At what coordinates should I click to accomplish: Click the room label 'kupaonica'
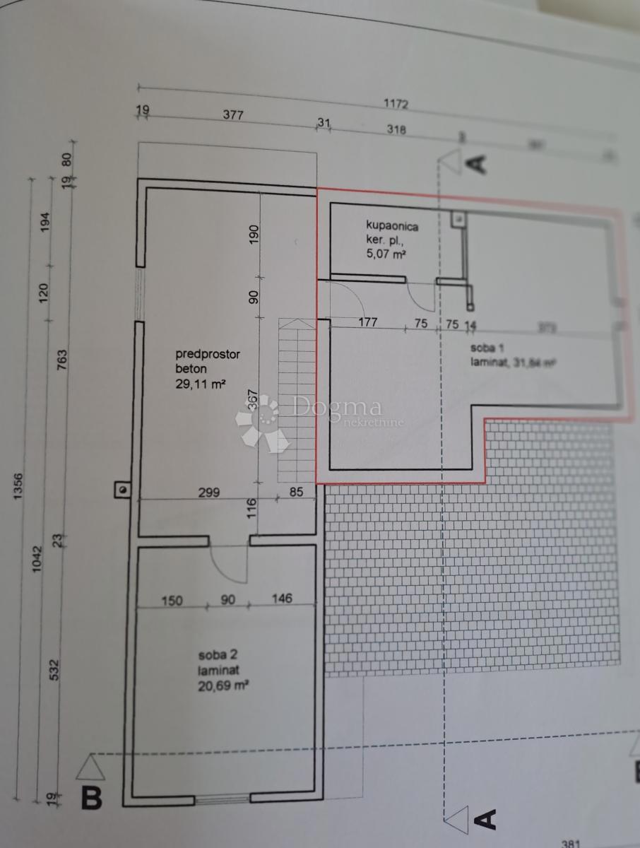click(x=393, y=226)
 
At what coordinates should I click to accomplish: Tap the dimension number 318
click(x=396, y=129)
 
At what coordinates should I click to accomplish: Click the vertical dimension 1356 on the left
click(x=18, y=488)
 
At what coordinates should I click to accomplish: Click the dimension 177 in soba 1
click(x=368, y=322)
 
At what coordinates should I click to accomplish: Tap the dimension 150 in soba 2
click(x=172, y=601)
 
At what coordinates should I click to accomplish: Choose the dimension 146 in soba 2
click(x=281, y=599)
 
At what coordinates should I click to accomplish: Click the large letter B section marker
click(x=93, y=799)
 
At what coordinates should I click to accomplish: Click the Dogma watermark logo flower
click(x=262, y=423)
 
